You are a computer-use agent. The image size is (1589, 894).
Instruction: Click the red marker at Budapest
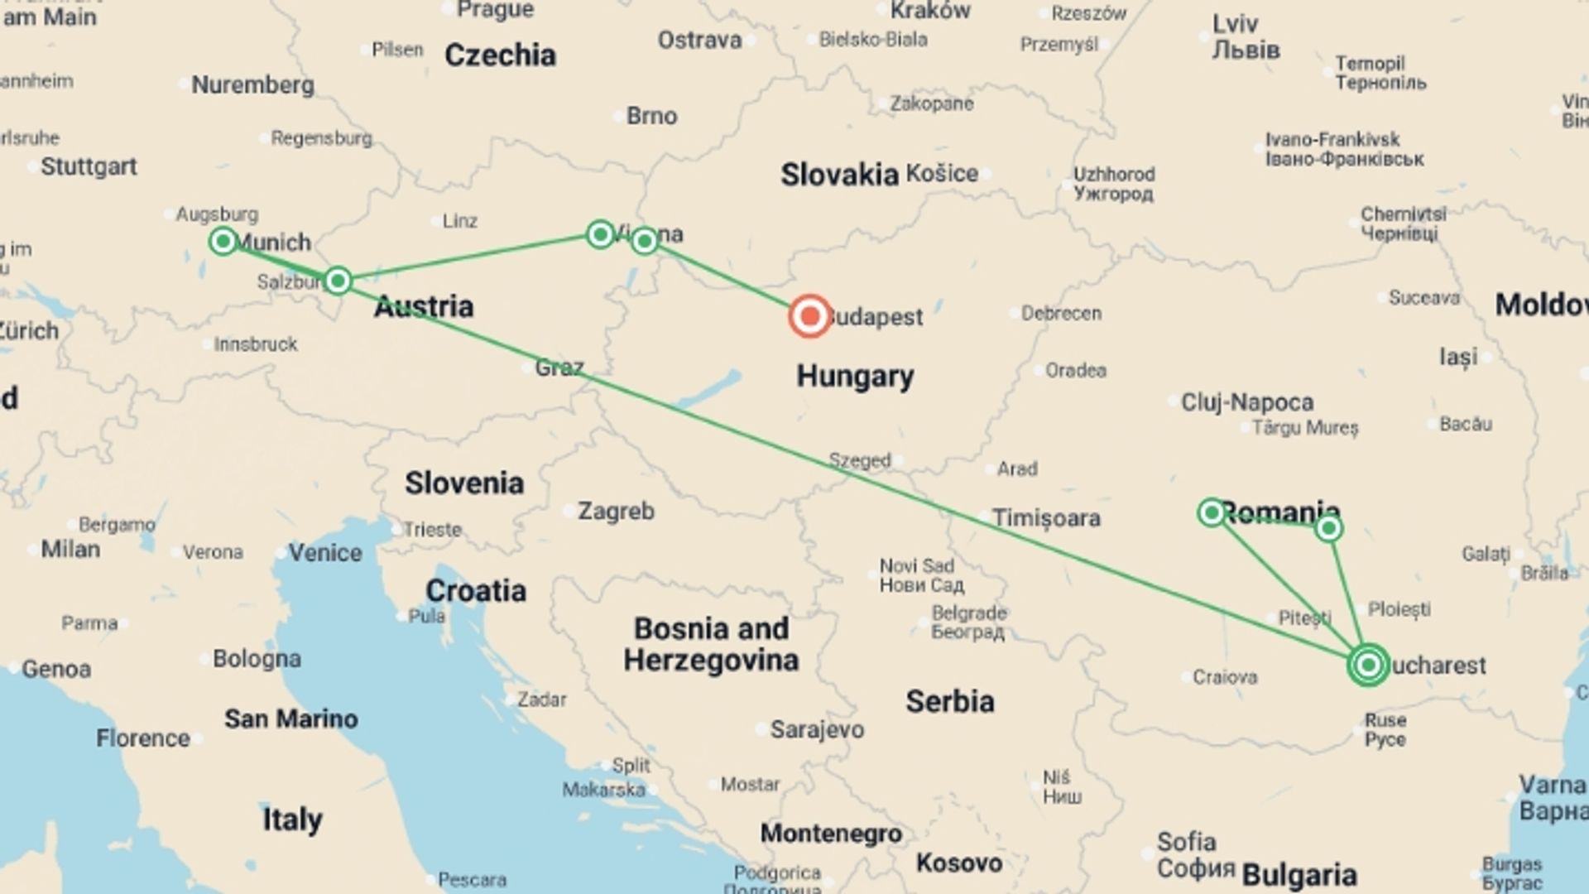pos(809,316)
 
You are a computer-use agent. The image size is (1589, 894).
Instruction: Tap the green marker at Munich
pos(223,241)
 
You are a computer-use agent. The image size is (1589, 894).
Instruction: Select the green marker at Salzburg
pos(338,281)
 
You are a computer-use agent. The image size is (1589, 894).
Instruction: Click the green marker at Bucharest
pos(1368,665)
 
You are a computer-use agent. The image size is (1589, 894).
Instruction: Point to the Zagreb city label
pos(616,511)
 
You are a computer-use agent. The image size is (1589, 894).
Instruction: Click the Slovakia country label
pos(839,175)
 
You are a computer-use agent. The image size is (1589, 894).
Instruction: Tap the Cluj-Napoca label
pos(1246,402)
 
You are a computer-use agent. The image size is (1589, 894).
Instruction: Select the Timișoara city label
pos(1046,518)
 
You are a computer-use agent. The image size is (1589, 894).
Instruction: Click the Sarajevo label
pos(816,729)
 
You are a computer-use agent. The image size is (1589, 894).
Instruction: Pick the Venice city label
pos(324,552)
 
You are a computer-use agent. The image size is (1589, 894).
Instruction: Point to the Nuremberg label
pos(252,84)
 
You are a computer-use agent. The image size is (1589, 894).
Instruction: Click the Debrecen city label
pos(1061,314)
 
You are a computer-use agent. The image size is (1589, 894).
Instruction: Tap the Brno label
pos(651,116)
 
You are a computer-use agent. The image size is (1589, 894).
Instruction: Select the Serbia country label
pos(949,701)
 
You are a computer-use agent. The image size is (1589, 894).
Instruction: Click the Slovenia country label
pos(463,483)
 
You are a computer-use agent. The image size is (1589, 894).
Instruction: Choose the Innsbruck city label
pos(255,344)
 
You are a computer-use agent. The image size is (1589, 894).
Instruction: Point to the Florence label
pos(142,738)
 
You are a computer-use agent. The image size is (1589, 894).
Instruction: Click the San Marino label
pos(290,719)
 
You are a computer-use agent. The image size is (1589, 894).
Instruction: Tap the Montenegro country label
pos(831,833)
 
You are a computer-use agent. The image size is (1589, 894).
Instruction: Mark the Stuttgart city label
pos(89,166)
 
